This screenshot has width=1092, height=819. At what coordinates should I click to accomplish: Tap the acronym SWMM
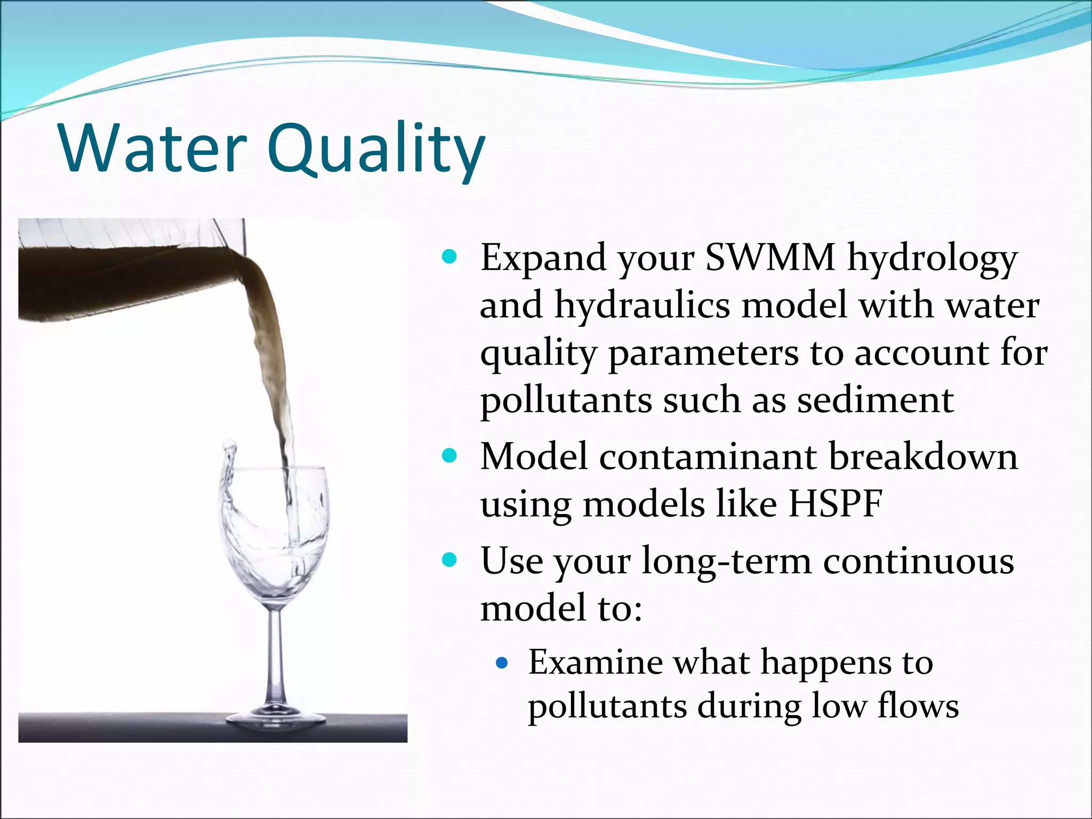[x=770, y=258]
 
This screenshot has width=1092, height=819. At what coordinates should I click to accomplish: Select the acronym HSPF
[x=836, y=503]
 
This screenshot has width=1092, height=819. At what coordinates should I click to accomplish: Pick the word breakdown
[x=923, y=457]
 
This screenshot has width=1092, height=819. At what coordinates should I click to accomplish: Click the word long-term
[x=726, y=561]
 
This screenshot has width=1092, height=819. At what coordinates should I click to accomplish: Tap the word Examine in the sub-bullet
[x=595, y=662]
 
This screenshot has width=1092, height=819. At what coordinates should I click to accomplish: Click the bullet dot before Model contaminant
[x=450, y=456]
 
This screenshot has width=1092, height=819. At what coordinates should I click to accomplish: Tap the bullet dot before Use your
[x=450, y=560]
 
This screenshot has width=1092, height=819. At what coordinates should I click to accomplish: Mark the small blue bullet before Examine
[x=501, y=663]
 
